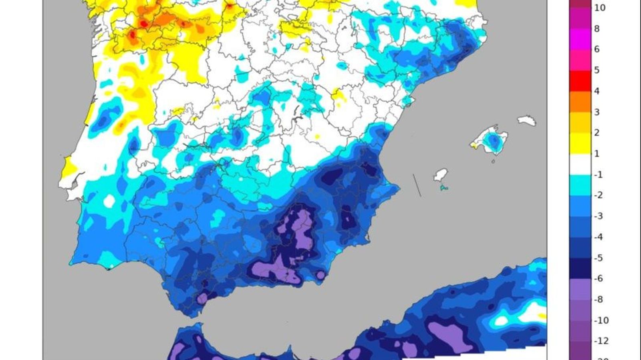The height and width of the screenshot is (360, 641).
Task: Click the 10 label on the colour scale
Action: coord(600,8)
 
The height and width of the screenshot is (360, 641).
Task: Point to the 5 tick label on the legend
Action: coord(597,70)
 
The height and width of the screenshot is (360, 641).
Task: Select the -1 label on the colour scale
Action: coord(598,174)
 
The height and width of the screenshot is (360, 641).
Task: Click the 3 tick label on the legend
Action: coord(597,112)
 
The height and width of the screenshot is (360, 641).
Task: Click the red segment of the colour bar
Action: coord(580,80)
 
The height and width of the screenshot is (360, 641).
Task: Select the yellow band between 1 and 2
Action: coord(580,143)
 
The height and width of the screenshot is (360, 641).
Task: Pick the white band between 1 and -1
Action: coord(580,164)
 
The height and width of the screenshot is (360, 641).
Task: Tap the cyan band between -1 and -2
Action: coord(580,185)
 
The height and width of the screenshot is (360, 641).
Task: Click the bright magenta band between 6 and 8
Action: coord(580,39)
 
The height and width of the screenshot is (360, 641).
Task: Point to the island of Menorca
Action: coord(526,120)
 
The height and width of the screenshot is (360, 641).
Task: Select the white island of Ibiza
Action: coord(440,175)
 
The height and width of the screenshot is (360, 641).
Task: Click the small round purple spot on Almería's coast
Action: coord(320,275)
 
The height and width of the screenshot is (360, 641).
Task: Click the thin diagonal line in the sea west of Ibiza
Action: coord(417,185)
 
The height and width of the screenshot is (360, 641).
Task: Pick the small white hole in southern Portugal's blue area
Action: coord(109,201)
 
